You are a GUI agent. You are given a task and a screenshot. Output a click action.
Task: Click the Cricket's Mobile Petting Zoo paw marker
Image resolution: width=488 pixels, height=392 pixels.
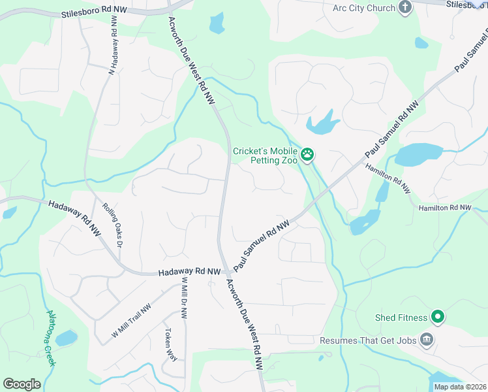[x=307, y=155]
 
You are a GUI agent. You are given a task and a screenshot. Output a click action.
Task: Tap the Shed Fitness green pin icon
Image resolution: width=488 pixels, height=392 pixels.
[x=437, y=318]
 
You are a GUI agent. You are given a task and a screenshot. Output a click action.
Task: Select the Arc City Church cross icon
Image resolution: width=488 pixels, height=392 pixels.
[x=405, y=8]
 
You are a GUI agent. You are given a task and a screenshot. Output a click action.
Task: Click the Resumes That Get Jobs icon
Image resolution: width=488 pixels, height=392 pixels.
[x=427, y=340]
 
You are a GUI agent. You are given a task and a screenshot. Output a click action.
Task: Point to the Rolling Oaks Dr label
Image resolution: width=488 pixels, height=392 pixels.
[x=112, y=223]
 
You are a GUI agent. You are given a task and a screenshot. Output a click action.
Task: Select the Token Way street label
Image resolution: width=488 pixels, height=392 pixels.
[x=171, y=344]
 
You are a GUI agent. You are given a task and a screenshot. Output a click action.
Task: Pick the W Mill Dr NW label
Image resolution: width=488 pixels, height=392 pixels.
[x=185, y=298]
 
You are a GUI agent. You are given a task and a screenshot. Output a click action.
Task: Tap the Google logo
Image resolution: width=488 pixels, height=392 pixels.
[x=22, y=384]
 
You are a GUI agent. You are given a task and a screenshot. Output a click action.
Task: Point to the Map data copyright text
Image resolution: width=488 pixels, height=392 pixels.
[x=459, y=387]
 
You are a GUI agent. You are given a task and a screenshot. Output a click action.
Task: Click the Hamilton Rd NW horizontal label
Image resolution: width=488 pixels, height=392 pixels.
[x=445, y=207]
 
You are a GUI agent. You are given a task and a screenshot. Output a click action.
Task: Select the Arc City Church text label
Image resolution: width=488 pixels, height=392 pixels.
[x=364, y=8]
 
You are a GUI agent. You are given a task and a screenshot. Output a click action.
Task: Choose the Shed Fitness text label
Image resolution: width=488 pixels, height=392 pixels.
[x=401, y=318]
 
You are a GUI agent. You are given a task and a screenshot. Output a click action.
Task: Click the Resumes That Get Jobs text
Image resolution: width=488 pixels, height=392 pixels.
[x=369, y=340]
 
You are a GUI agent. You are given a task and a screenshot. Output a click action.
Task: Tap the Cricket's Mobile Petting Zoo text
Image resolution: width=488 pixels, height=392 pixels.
[x=266, y=155]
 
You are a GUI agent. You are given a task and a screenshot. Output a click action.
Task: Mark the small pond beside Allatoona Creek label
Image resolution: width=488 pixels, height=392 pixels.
[x=66, y=338]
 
